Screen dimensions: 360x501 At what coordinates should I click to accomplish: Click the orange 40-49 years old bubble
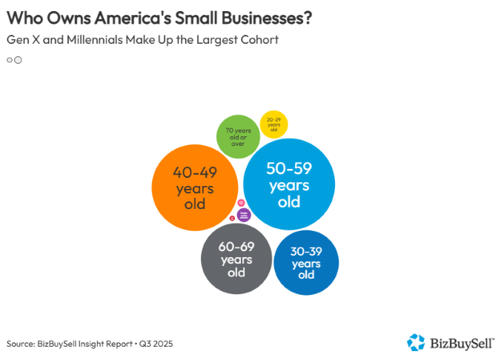click(x=194, y=187)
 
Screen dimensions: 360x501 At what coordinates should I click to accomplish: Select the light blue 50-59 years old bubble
click(x=288, y=184)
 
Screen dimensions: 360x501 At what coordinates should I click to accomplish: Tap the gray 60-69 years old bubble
click(x=236, y=259)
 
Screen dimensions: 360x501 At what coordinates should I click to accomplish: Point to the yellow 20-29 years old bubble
click(x=273, y=124)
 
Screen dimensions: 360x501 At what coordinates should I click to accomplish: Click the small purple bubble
click(x=244, y=215)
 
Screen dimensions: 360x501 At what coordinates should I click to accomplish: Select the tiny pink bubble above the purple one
click(x=242, y=203)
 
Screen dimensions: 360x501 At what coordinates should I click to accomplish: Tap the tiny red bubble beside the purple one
click(x=233, y=218)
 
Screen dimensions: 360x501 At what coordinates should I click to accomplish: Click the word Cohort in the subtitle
click(x=260, y=40)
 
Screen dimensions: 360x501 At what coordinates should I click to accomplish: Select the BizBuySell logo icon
click(x=416, y=342)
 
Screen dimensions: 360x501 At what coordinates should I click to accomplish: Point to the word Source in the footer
click(x=20, y=344)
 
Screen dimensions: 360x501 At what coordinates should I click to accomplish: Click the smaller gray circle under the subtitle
click(x=10, y=60)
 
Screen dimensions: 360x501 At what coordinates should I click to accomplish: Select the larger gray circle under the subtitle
click(x=18, y=60)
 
